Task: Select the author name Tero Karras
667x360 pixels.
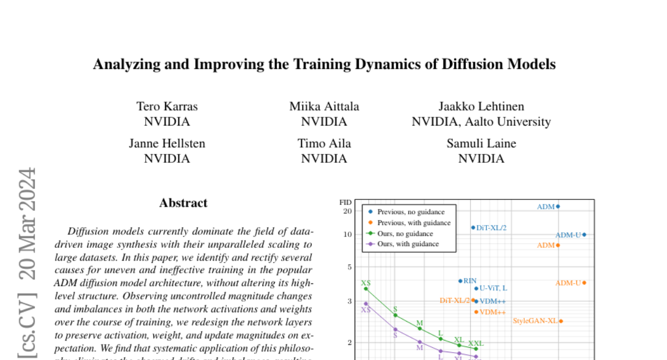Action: coord(167,106)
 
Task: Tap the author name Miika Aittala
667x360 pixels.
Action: coord(324,106)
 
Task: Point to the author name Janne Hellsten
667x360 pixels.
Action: coord(167,143)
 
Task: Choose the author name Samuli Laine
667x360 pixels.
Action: coord(481,143)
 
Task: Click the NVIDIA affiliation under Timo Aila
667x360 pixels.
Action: coord(324,158)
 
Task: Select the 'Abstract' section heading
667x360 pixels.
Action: coord(183,203)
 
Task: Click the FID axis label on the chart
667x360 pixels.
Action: coord(346,203)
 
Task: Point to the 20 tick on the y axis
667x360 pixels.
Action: coord(348,211)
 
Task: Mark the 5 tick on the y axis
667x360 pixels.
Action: coord(350,267)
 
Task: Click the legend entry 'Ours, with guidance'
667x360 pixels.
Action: coord(408,243)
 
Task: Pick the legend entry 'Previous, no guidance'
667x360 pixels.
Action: coord(410,212)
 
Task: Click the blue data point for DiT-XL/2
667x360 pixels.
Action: coord(473,227)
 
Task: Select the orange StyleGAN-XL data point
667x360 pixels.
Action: coord(561,321)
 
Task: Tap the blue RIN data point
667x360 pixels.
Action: coord(460,281)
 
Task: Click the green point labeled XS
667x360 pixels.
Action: coord(366,288)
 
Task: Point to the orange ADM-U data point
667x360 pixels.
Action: coord(584,283)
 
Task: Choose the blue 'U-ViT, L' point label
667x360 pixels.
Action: coord(494,288)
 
